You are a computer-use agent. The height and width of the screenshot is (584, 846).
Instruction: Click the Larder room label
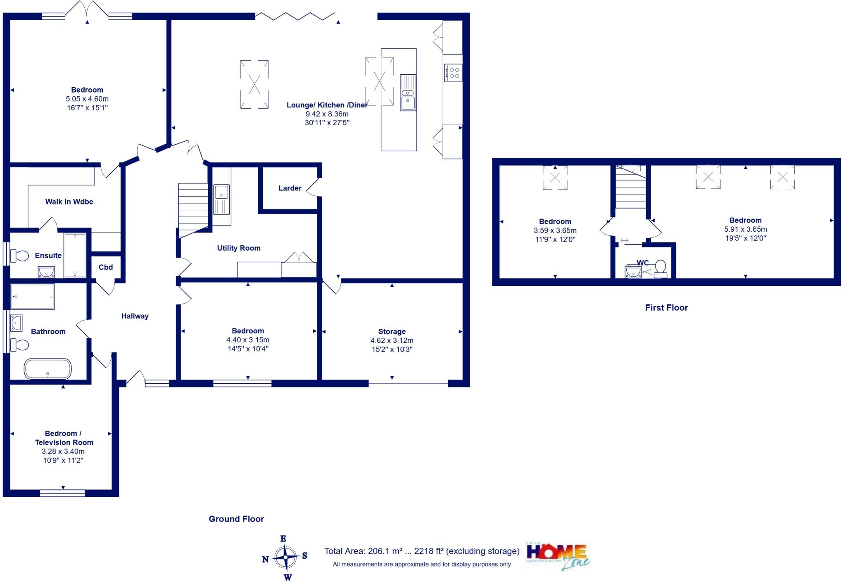290,188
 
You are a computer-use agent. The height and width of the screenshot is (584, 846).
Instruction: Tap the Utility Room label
239,248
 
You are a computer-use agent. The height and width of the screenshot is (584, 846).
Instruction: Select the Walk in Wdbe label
69,202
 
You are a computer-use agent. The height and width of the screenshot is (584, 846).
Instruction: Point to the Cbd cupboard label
105,267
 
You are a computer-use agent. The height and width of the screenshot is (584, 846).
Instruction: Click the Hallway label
135,316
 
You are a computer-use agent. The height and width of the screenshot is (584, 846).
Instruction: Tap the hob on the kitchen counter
453,73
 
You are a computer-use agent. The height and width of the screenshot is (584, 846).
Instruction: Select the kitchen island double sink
408,93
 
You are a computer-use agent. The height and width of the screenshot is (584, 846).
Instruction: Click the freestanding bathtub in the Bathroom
48,368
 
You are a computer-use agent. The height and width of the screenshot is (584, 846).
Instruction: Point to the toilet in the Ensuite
19,256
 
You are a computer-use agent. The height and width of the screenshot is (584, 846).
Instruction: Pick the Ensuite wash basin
46,272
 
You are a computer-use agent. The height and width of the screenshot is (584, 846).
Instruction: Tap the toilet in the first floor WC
660,268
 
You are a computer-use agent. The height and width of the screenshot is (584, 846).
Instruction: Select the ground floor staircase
193,210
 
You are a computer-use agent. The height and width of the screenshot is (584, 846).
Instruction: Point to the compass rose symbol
285,558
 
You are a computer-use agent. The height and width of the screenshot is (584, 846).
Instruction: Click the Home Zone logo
558,556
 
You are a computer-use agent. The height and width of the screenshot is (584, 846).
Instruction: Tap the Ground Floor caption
236,519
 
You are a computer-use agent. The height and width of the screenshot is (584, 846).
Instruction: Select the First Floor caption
666,308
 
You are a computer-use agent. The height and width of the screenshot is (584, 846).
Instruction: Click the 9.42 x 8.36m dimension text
327,114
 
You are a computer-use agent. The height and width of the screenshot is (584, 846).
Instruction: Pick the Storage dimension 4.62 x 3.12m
392,341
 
